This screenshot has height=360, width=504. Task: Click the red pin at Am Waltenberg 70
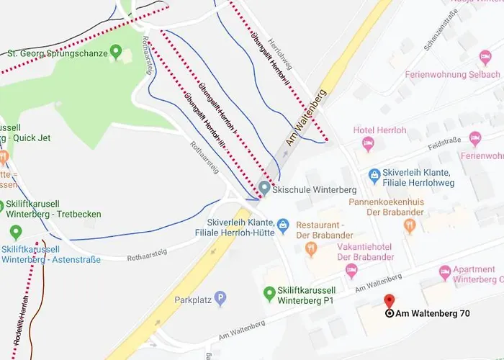(390, 302)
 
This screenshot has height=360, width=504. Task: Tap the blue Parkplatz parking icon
(220, 297)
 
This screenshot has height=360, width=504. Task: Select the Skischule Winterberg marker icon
(264, 189)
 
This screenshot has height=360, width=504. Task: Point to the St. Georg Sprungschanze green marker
(115, 53)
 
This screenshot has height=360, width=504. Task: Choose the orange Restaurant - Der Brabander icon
(311, 249)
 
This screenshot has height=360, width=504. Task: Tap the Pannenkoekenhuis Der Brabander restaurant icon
(410, 226)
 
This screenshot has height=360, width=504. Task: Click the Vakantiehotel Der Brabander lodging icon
(351, 270)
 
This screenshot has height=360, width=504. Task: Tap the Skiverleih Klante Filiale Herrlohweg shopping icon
(374, 174)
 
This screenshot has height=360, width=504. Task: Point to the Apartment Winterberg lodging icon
(445, 272)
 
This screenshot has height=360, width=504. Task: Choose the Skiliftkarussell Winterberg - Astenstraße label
(50, 253)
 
